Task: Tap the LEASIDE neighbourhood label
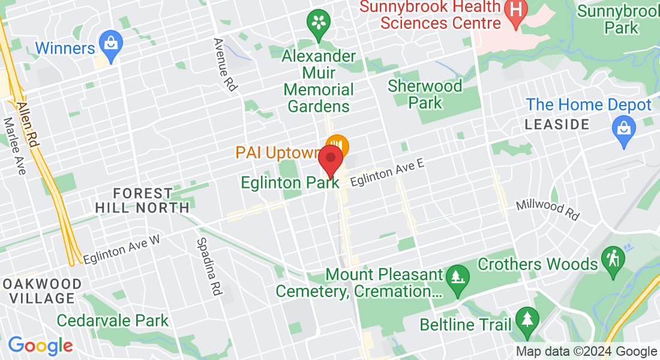557,125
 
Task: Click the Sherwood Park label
425,94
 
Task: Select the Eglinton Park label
287,182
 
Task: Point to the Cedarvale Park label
113,320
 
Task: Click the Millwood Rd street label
548,209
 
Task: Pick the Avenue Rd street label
226,65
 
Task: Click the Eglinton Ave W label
122,249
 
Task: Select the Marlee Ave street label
15,146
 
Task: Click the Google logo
40,346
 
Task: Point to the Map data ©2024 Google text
586,352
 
